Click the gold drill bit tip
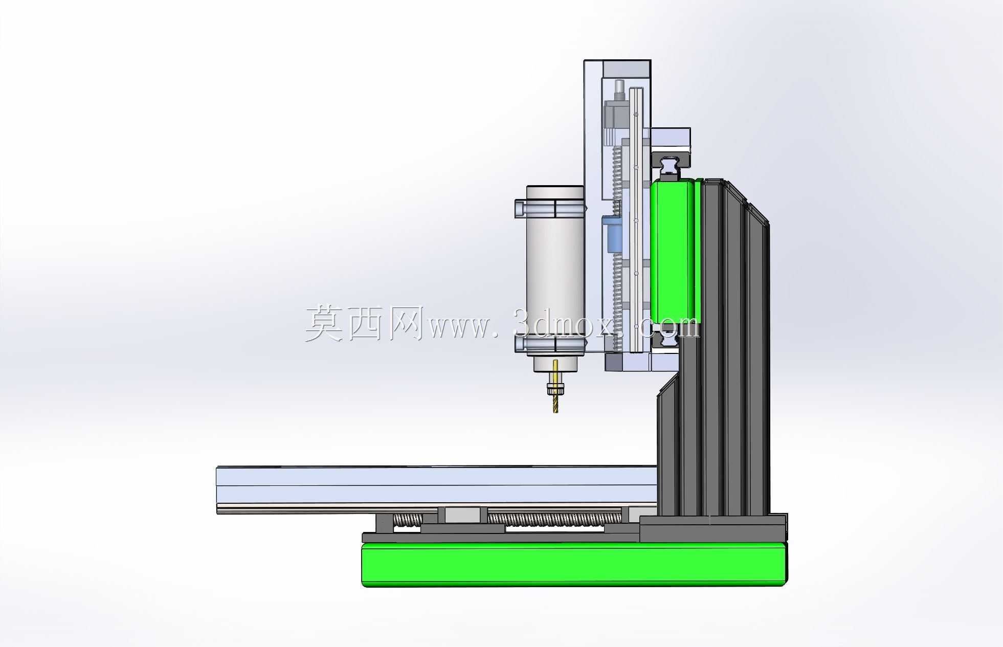pyautogui.click(x=556, y=412)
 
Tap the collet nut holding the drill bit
pyautogui.click(x=556, y=390)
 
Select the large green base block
pyautogui.click(x=574, y=565)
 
